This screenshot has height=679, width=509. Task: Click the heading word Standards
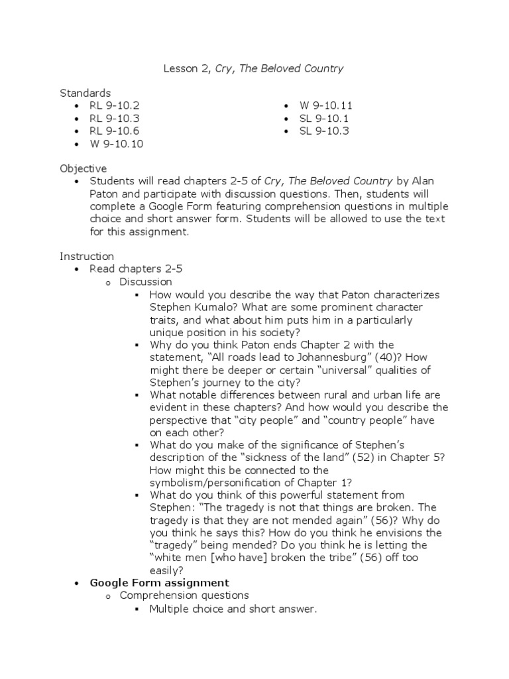coord(85,93)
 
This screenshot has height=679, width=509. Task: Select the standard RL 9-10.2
coord(115,105)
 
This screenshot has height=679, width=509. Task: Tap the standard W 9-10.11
coord(326,105)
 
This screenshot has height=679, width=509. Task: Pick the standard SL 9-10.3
coord(324,131)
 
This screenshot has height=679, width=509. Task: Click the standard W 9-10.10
coord(117,143)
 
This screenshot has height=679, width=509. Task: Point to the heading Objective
coord(83,168)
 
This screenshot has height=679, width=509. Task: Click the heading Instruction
coord(87,257)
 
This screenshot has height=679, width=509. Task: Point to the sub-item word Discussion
coord(144,282)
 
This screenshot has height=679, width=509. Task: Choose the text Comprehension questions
coord(184,595)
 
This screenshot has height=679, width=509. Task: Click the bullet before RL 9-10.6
coord(78,131)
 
